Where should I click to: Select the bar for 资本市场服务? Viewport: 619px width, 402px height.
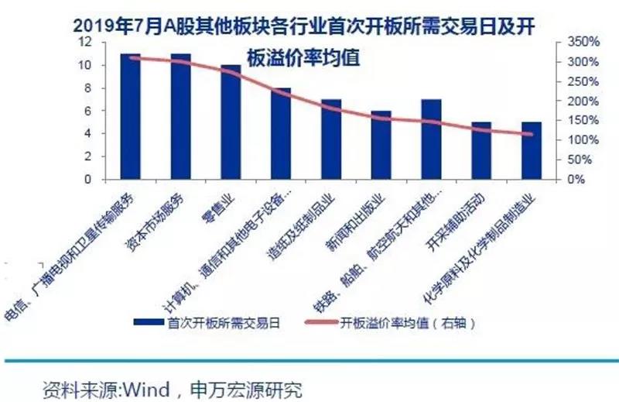(x=180, y=116)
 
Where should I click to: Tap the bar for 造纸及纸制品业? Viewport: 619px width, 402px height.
(x=331, y=139)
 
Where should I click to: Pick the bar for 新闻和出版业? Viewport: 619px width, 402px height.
(x=381, y=145)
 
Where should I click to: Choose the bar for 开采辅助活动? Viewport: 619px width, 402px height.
(x=481, y=150)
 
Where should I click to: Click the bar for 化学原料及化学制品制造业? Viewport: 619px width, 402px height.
(x=532, y=150)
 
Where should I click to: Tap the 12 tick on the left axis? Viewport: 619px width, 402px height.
(x=90, y=42)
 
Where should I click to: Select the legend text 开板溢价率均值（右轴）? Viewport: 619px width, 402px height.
(x=407, y=323)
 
